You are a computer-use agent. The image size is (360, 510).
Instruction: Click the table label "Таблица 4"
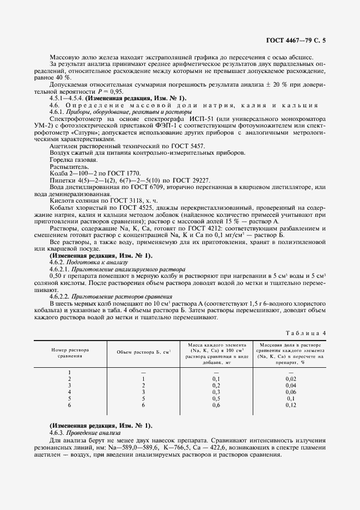306,332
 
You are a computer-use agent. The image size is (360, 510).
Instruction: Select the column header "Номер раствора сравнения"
70,352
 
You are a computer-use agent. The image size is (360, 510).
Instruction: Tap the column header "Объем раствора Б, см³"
144,352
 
